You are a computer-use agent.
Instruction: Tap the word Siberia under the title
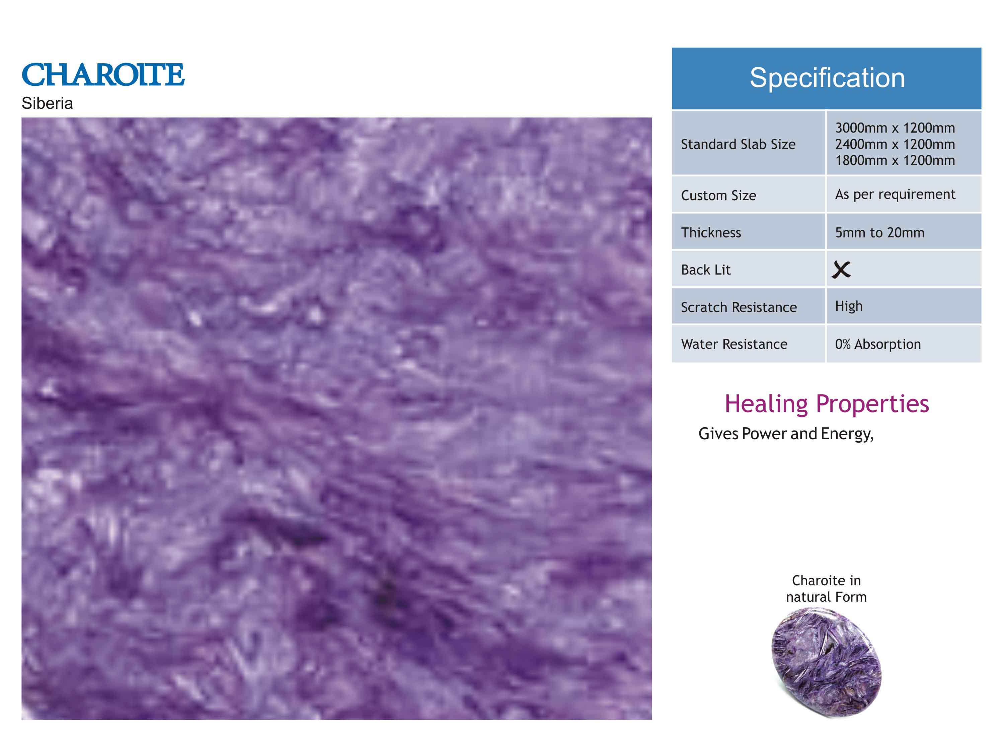pos(47,103)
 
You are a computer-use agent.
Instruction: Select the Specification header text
pos(827,78)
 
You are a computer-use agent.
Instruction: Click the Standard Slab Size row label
pos(738,144)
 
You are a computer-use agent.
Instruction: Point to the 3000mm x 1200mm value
pos(895,128)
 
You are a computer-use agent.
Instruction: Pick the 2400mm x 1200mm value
pos(895,144)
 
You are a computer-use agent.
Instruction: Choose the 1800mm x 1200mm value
pos(895,160)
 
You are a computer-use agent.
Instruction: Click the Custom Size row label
pos(718,196)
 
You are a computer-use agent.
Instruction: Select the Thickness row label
pos(711,233)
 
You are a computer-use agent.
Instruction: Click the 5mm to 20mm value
pos(880,233)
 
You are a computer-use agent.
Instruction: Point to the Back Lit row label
pos(706,270)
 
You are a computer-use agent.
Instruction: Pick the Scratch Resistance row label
pos(739,307)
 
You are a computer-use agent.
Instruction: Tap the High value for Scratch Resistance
pos(849,306)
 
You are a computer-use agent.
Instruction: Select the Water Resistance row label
pos(734,345)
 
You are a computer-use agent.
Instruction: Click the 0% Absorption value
pos(878,345)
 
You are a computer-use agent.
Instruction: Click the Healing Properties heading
pos(827,404)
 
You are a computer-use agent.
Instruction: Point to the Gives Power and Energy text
pos(786,434)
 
